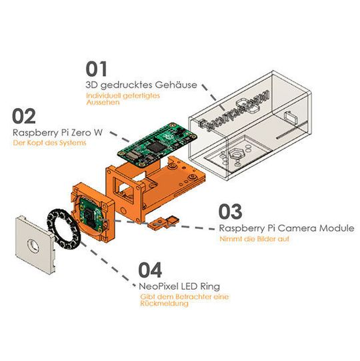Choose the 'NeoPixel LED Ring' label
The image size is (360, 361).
[x=179, y=286]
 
